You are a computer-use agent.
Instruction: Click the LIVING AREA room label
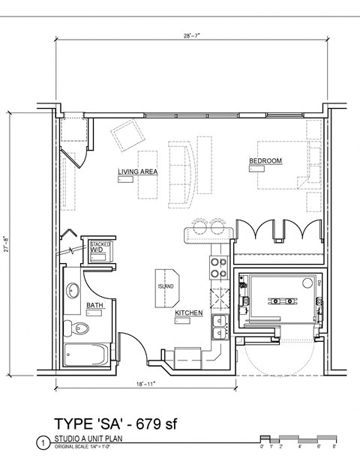point(137,172)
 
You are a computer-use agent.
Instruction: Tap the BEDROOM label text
point(265,161)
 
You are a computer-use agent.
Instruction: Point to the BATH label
point(95,306)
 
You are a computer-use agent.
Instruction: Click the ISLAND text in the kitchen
point(166,286)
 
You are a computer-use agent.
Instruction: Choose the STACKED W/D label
point(100,247)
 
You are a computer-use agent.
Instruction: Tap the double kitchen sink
point(220,327)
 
